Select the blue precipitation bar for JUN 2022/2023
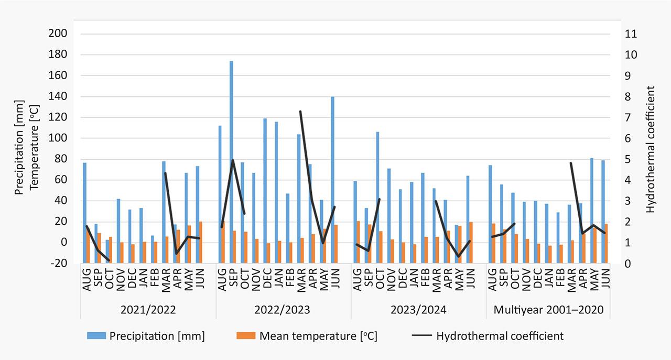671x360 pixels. [x=332, y=168]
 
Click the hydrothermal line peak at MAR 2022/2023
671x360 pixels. [x=300, y=111]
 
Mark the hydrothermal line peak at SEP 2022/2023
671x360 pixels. [x=232, y=160]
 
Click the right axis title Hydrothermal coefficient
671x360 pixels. [x=651, y=149]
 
